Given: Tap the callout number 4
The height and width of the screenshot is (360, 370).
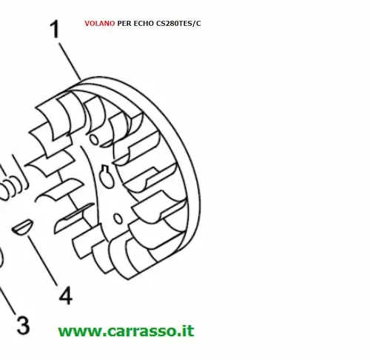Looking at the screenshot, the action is [66, 296].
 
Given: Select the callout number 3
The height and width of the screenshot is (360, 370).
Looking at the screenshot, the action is [24, 325].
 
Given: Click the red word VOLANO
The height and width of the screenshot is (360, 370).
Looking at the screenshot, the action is [100, 24].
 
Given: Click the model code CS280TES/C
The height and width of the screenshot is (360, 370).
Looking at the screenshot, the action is [178, 24].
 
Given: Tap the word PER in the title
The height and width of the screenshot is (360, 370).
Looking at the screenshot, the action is [124, 24].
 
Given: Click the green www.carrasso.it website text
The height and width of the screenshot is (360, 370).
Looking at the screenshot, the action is [127, 331].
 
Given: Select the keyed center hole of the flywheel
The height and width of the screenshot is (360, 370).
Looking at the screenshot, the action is [107, 176].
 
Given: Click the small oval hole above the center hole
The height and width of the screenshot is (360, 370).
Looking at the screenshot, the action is [94, 139].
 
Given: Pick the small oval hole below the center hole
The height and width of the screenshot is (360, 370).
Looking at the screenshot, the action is [118, 219].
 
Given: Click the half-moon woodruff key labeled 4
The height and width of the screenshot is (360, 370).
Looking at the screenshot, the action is [22, 227].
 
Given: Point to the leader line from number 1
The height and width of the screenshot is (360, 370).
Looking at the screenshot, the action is [70, 61].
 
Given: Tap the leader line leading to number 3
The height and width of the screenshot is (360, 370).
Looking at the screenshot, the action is [7, 301].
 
